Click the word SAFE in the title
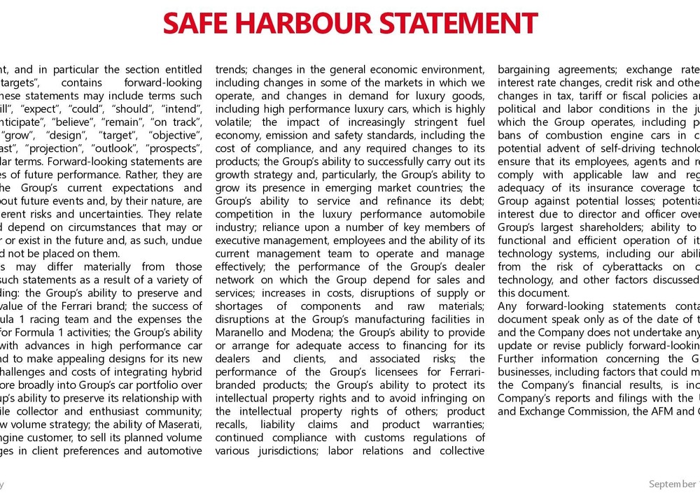[x=199, y=22]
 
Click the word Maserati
[x=178, y=424]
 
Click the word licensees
[x=383, y=372]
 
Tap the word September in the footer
[x=671, y=483]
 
